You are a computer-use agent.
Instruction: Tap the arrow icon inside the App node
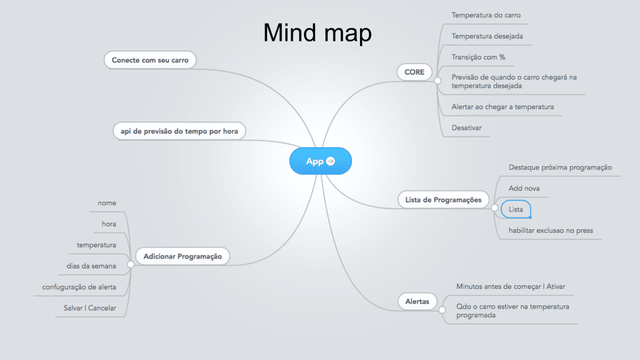click(x=330, y=161)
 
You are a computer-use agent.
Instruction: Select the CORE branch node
click(x=414, y=72)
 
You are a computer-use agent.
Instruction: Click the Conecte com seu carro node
click(x=150, y=60)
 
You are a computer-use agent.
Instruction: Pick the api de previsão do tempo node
click(x=179, y=131)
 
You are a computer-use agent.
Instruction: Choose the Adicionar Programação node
click(x=183, y=256)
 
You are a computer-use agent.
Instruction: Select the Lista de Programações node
click(x=443, y=200)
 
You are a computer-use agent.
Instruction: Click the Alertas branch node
click(x=417, y=301)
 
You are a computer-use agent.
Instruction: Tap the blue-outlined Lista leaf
click(x=516, y=209)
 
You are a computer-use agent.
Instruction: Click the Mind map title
click(x=317, y=33)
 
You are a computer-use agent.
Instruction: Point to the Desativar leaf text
click(x=466, y=128)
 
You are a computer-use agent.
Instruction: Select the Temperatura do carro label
click(x=486, y=15)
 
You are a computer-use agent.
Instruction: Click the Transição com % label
click(x=478, y=57)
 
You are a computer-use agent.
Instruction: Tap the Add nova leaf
click(x=524, y=188)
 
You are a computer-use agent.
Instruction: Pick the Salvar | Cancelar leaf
click(x=90, y=308)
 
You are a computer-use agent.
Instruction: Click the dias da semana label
click(x=91, y=266)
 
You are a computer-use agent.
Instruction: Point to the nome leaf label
click(x=107, y=203)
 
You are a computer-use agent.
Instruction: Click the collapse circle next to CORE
click(x=437, y=81)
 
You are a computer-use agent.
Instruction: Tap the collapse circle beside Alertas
click(x=442, y=310)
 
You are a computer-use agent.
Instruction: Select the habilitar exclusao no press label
click(x=551, y=231)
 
